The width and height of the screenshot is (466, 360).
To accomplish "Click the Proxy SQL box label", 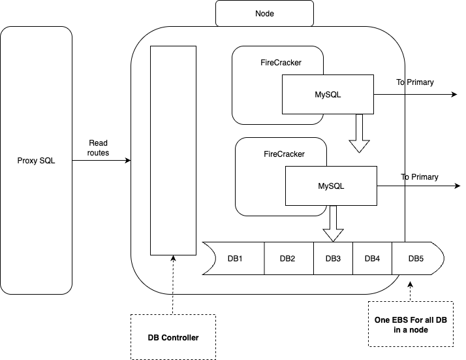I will [x=36, y=161].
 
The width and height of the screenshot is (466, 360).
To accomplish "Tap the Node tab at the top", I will [x=264, y=13].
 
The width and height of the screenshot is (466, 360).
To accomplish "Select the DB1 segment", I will [x=237, y=259].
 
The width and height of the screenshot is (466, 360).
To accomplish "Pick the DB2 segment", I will [x=288, y=259].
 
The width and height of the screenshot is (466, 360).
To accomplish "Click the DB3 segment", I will [x=333, y=259].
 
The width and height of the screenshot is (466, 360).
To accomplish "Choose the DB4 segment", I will [x=372, y=259].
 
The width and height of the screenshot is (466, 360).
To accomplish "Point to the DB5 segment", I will [x=416, y=259].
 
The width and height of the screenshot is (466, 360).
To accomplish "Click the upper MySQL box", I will [x=328, y=95].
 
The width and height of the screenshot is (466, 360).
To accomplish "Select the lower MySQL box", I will [x=331, y=186].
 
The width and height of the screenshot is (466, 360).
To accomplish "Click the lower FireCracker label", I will [x=284, y=155].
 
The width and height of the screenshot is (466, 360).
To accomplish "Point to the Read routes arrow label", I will [x=98, y=148].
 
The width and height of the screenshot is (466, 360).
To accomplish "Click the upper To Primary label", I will [x=414, y=82].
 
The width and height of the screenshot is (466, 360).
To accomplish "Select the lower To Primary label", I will [x=419, y=177].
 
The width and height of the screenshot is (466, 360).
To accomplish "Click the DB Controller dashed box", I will [x=173, y=337].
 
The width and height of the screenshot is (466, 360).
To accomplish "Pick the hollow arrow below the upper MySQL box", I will [x=358, y=133].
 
